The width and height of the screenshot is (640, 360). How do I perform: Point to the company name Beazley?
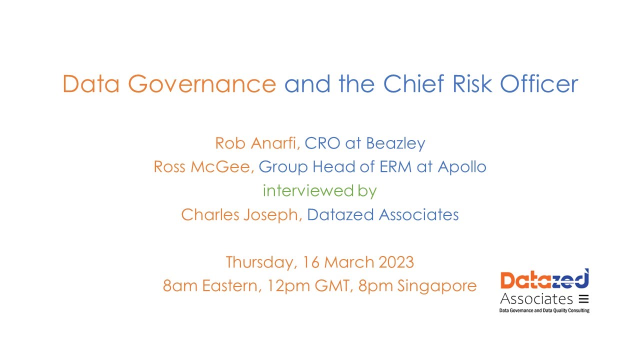395,143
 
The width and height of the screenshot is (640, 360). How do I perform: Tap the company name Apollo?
462,167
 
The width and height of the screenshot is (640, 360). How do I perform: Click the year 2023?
395,262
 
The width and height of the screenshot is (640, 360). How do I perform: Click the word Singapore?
437,286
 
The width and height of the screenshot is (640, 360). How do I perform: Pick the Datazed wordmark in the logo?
544,280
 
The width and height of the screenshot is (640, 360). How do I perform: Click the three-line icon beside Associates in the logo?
583,299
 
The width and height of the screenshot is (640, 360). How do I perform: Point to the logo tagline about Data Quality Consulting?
544,310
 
